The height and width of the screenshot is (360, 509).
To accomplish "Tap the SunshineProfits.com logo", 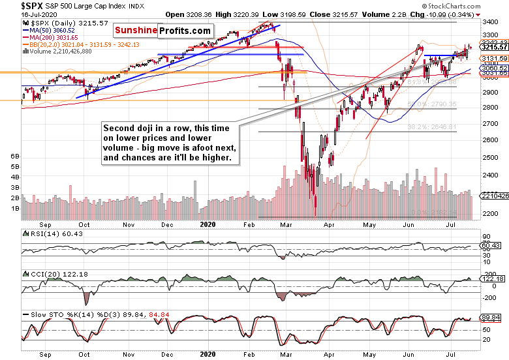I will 163,31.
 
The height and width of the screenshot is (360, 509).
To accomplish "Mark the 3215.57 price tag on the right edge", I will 495,48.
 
